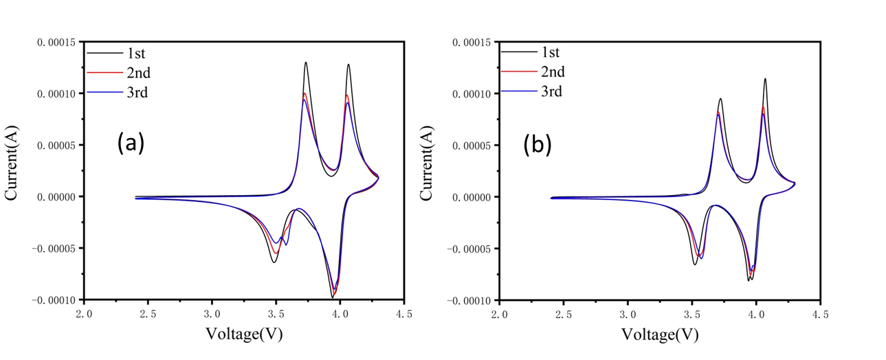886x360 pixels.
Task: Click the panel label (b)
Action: (x=537, y=145)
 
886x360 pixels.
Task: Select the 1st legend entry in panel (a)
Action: (x=135, y=53)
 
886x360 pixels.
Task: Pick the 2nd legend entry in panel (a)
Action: (x=136, y=73)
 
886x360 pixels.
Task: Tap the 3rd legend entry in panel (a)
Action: (x=136, y=93)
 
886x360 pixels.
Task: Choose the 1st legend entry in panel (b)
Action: (x=551, y=52)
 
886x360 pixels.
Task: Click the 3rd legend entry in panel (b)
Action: (x=552, y=91)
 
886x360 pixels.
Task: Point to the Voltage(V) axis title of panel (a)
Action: (x=244, y=334)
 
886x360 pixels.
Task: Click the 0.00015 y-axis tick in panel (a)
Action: (x=60, y=42)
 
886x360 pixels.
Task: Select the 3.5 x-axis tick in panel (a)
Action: (x=276, y=315)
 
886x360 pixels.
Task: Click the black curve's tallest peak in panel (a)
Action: (x=306, y=63)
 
